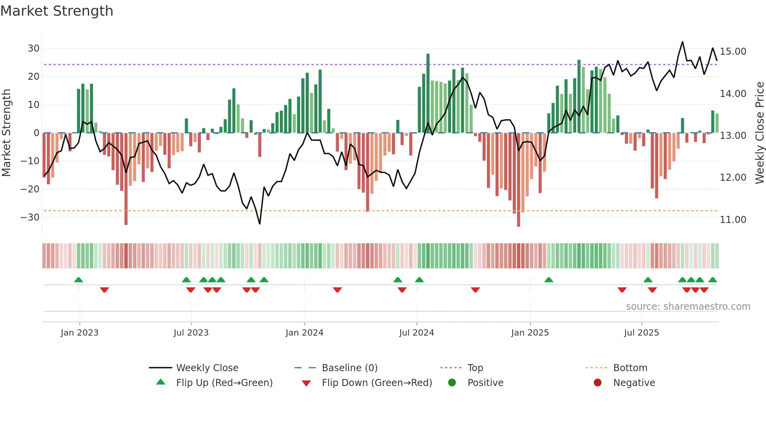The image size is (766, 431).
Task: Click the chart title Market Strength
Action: pyautogui.click(x=57, y=11)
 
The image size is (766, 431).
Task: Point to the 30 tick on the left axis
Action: pyautogui.click(x=34, y=48)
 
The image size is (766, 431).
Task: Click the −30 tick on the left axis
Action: pyautogui.click(x=30, y=217)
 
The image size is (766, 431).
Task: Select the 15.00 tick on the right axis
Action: pyautogui.click(x=733, y=52)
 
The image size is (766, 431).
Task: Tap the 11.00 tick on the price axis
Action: pyautogui.click(x=733, y=220)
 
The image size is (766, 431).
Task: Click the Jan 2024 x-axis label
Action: pyautogui.click(x=304, y=333)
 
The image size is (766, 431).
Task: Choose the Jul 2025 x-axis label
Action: pyautogui.click(x=641, y=333)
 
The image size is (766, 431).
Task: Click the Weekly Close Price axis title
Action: pyautogui.click(x=759, y=133)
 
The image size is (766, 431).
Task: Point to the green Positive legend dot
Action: pyautogui.click(x=452, y=383)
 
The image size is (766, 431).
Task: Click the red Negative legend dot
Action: pyautogui.click(x=598, y=383)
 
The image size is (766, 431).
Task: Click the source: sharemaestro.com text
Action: pyautogui.click(x=688, y=307)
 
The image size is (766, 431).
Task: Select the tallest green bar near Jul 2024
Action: pyautogui.click(x=428, y=93)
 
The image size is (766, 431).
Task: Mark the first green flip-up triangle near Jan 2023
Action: pyautogui.click(x=79, y=280)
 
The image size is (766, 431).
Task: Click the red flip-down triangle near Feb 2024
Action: pyautogui.click(x=337, y=290)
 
